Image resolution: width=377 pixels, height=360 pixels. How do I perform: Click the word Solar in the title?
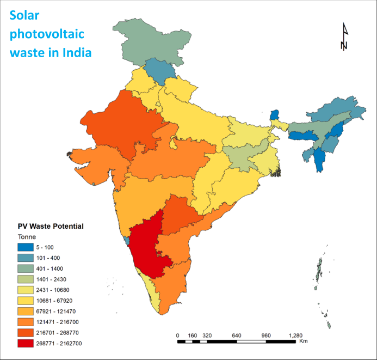28,16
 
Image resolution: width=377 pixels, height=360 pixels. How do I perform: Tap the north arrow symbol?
344,38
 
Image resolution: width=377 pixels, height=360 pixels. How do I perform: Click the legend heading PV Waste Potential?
50,225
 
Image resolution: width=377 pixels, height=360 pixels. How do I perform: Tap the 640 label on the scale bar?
236,335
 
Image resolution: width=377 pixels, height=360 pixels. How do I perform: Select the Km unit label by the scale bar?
303,341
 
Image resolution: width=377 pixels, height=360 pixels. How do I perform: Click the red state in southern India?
147,245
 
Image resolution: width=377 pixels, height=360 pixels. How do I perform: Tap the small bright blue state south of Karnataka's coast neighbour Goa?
127,240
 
